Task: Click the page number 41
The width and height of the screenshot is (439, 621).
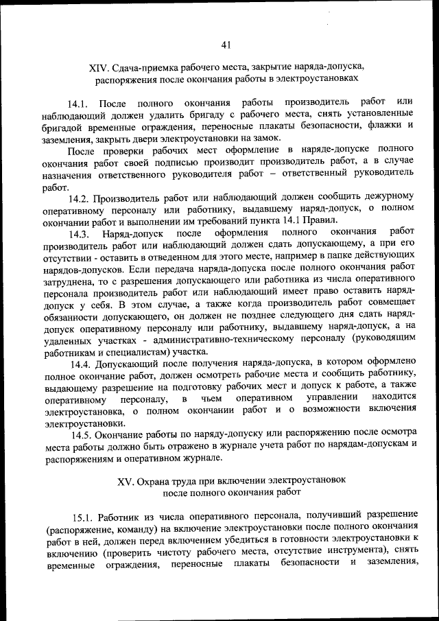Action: [x=226, y=45]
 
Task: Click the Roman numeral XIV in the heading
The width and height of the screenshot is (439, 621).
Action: [x=99, y=67]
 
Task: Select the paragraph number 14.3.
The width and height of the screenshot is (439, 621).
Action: [x=82, y=233]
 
